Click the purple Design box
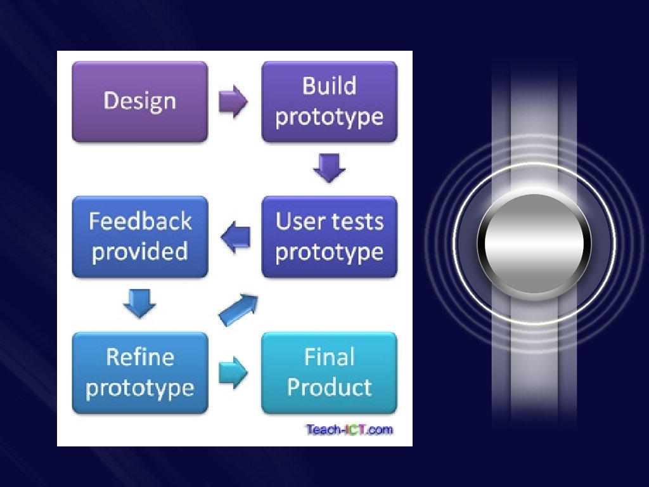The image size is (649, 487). tap(139, 101)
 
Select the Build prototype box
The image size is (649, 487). tap(330, 101)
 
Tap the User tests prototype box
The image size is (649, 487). tap(330, 237)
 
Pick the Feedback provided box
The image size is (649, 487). tap(139, 237)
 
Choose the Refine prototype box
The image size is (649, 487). tap(139, 373)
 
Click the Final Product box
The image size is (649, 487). tap(330, 373)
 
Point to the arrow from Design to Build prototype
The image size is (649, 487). tap(233, 102)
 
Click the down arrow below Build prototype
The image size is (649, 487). tap(330, 168)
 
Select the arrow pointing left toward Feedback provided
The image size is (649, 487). tap(235, 238)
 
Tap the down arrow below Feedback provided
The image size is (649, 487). tap(139, 302)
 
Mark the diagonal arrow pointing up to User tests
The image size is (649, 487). tap(238, 309)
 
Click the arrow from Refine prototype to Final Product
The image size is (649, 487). tap(233, 373)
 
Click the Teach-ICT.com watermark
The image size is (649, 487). tap(349, 430)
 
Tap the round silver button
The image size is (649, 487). tap(534, 244)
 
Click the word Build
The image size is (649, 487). tap(329, 86)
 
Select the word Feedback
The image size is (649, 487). tap(140, 221)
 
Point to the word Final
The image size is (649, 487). tap(329, 357)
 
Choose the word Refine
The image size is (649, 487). tap(140, 357)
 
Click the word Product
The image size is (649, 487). tap(330, 387)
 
